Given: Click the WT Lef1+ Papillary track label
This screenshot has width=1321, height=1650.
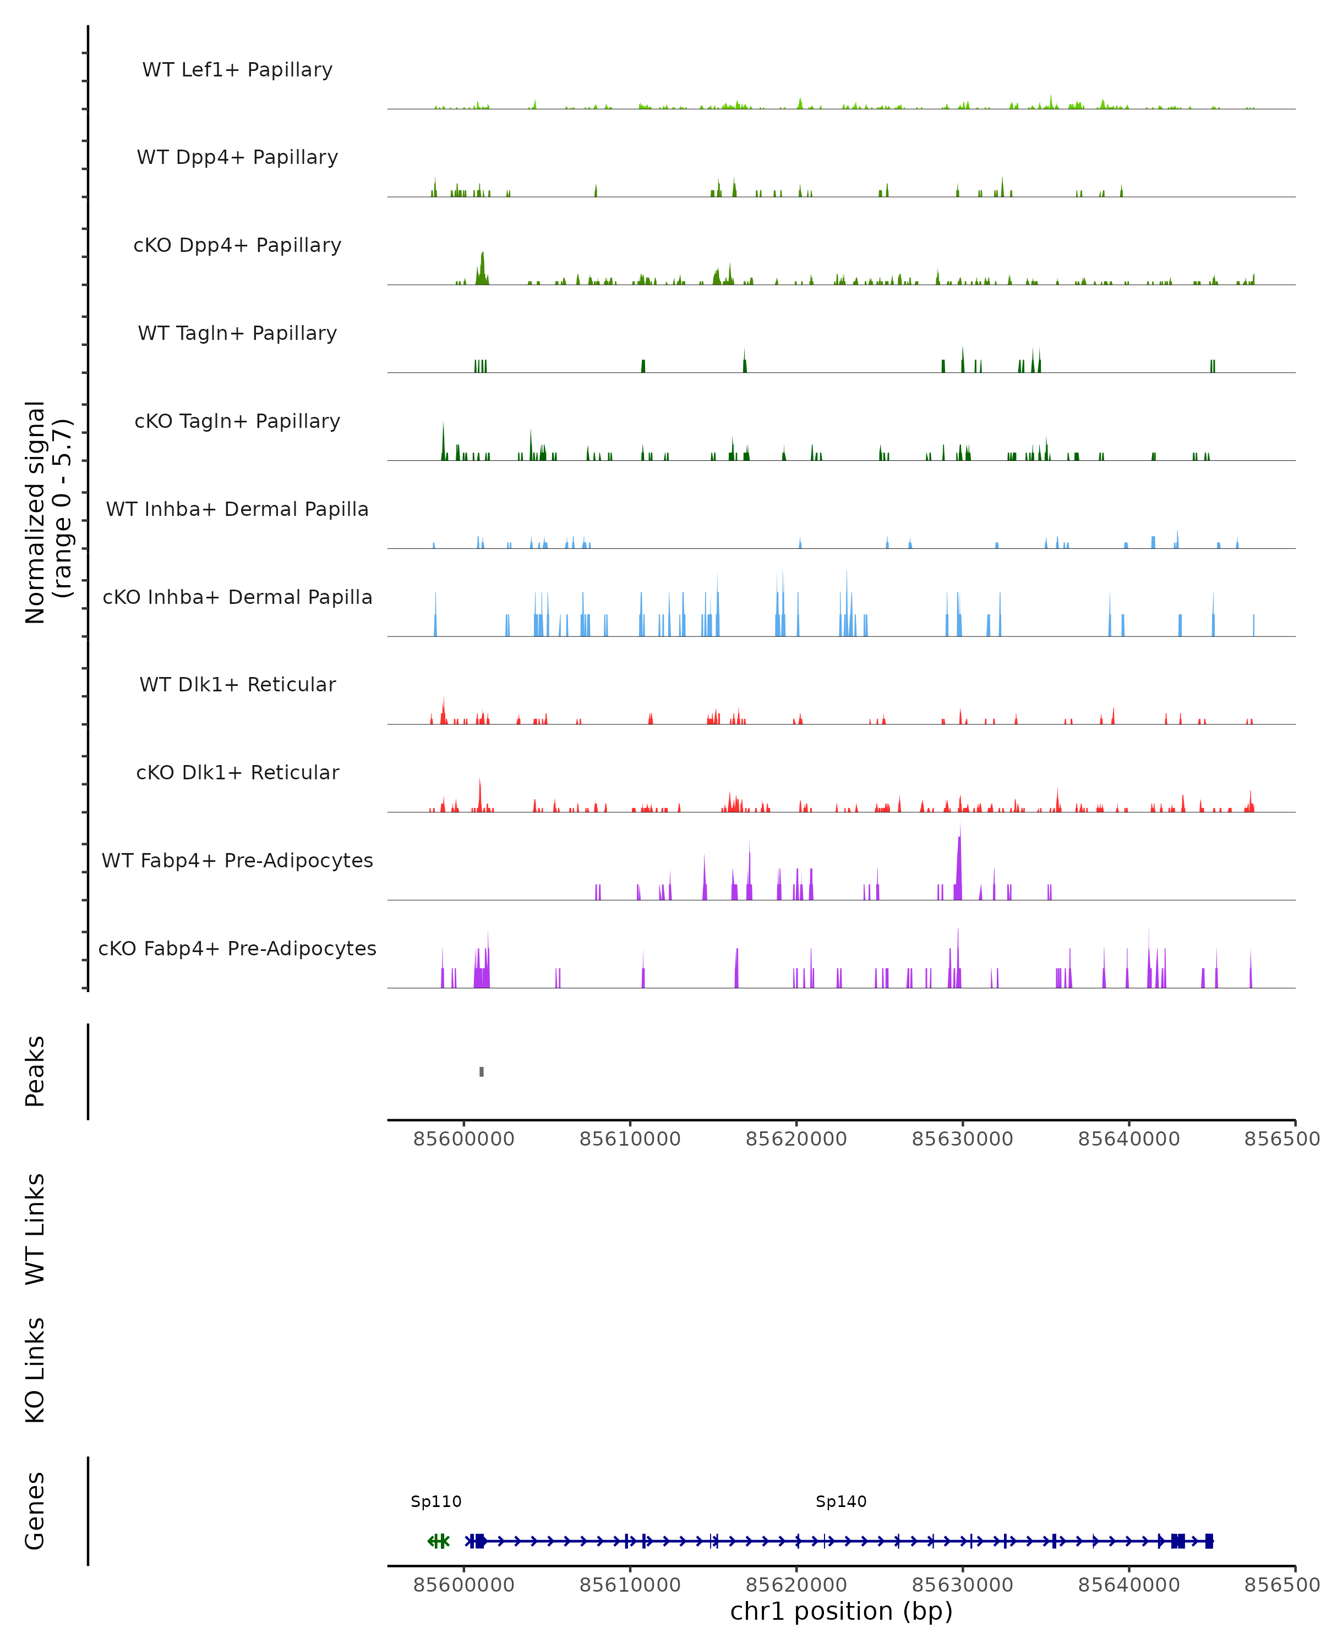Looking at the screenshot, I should (237, 70).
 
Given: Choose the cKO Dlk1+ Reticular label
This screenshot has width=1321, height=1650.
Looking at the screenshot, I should (237, 772).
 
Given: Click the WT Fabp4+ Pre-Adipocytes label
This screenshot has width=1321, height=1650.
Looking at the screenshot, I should (237, 860).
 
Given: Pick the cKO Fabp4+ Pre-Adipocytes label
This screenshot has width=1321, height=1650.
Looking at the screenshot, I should (237, 948).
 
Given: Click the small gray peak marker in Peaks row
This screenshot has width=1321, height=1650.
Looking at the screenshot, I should (482, 1071).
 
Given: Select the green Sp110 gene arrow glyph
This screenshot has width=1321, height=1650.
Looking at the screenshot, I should (439, 1541).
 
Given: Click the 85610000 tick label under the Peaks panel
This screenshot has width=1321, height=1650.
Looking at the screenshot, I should (630, 1140).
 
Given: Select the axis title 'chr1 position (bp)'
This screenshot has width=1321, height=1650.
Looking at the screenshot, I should (841, 1612).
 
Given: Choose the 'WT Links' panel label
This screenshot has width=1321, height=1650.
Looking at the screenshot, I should (35, 1228).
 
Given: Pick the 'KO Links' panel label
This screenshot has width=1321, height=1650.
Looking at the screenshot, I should (35, 1370).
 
